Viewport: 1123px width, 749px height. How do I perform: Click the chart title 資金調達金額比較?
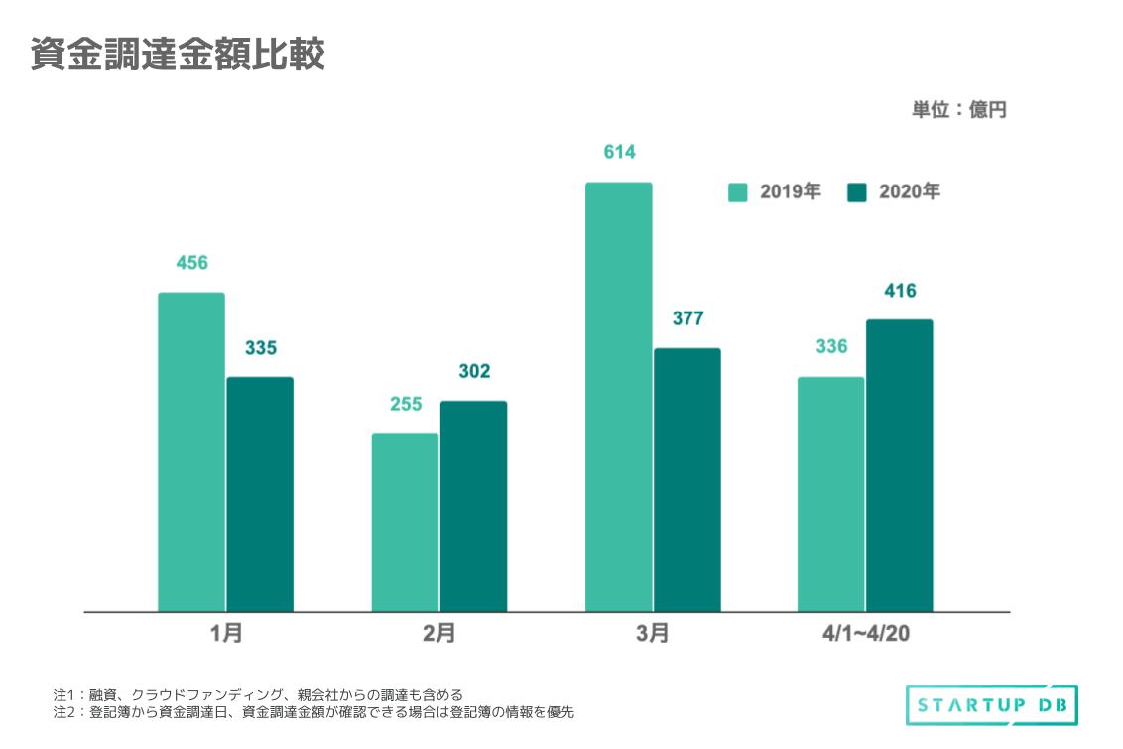(x=178, y=56)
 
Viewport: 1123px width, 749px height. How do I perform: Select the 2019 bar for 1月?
(x=191, y=452)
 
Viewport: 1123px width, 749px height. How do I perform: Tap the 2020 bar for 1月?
(x=260, y=494)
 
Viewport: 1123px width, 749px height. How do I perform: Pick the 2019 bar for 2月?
(x=405, y=522)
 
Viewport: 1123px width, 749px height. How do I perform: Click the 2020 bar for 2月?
(x=473, y=506)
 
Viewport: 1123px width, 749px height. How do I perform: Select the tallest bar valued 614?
(x=619, y=397)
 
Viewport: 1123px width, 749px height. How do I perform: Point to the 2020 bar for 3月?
(x=687, y=480)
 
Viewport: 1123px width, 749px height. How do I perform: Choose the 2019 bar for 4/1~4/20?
(x=831, y=494)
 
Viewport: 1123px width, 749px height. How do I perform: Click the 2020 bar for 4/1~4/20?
(x=900, y=465)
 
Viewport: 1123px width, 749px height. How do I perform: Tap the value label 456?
(x=191, y=263)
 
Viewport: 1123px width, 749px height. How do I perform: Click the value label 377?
(x=687, y=318)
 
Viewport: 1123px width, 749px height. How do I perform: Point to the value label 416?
(x=900, y=291)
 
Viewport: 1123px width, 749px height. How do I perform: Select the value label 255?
(x=405, y=404)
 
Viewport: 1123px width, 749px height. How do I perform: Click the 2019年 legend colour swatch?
(x=738, y=192)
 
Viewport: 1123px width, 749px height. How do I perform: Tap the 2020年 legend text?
(x=909, y=192)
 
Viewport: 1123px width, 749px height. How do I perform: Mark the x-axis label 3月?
(x=653, y=634)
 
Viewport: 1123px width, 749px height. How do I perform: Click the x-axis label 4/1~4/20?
(x=865, y=634)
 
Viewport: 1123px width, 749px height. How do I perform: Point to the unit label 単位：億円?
(x=959, y=110)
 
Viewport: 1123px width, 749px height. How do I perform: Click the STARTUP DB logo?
(x=991, y=705)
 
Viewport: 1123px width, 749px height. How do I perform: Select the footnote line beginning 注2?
(x=313, y=712)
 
